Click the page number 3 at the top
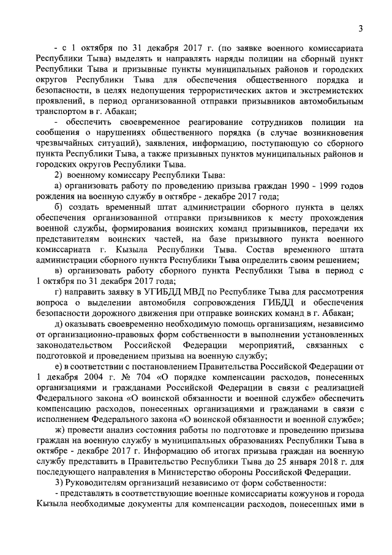pyautogui.click(x=361, y=28)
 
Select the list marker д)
pyautogui.click(x=58, y=323)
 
